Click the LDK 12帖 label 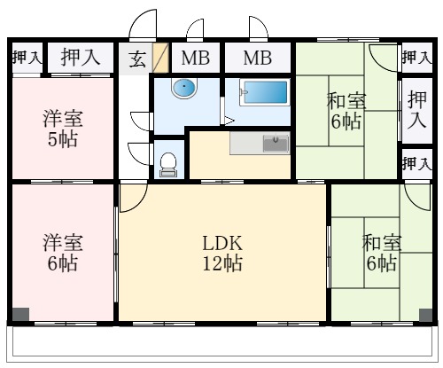[222, 253]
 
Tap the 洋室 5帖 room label [62, 129]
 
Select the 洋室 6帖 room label [62, 252]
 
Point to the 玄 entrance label [138, 59]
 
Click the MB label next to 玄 [195, 59]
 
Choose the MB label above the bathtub [258, 59]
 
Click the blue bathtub [264, 93]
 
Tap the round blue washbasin [183, 90]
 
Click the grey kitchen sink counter [260, 143]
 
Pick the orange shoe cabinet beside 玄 [160, 59]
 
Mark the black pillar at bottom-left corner [19, 313]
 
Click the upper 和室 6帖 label [346, 111]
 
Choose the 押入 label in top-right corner [416, 58]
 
